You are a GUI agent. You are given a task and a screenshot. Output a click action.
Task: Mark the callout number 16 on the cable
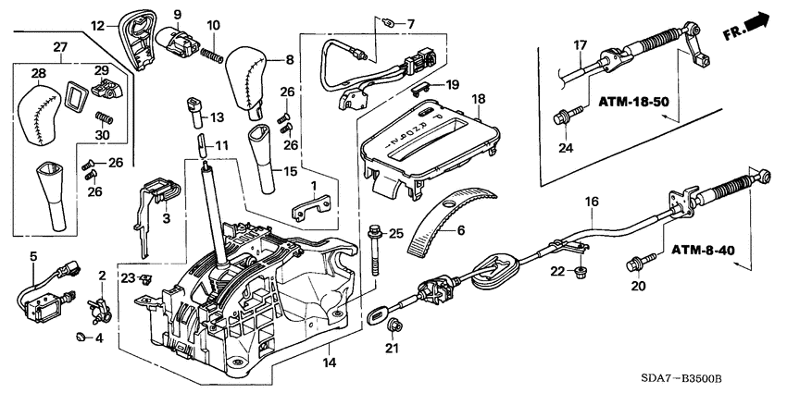point(591,201)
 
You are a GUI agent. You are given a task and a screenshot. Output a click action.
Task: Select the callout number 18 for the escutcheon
point(479,99)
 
